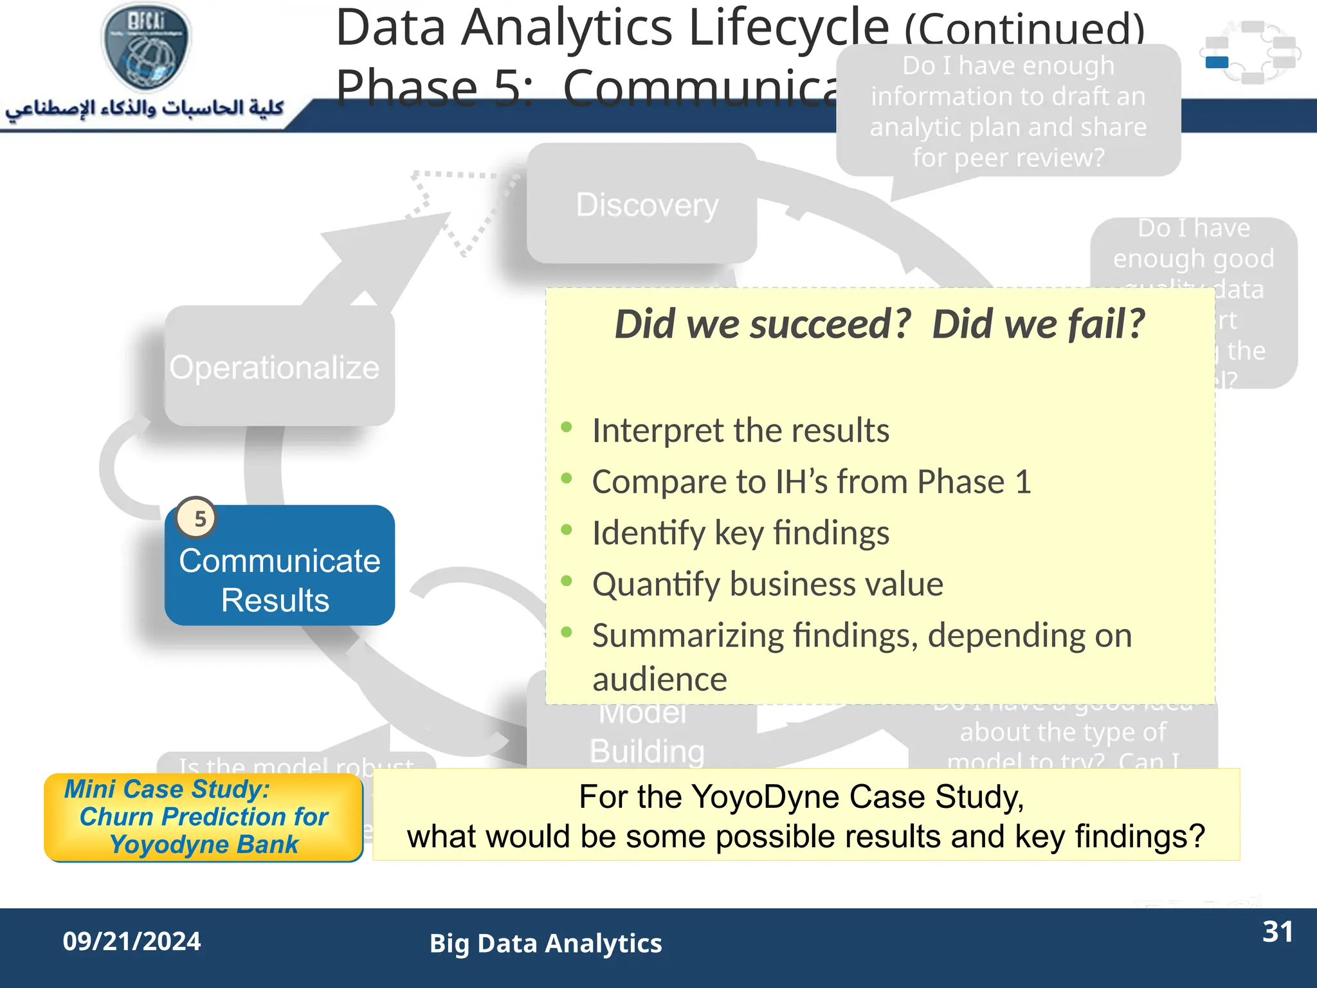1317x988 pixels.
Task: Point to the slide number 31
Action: [1277, 932]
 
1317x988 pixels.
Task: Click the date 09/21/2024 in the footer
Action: [132, 941]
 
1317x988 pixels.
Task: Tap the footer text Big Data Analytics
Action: [545, 943]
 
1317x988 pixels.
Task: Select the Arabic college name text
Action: [145, 108]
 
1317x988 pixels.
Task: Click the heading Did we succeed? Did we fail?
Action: [879, 324]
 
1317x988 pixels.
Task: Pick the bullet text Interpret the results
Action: [740, 430]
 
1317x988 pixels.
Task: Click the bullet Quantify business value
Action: [767, 584]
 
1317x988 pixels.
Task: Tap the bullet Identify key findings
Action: [740, 533]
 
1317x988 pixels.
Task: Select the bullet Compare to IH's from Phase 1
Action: [811, 482]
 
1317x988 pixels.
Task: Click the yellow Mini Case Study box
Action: [203, 817]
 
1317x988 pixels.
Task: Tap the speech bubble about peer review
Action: [1008, 111]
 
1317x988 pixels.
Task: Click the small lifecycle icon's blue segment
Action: [1217, 62]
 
